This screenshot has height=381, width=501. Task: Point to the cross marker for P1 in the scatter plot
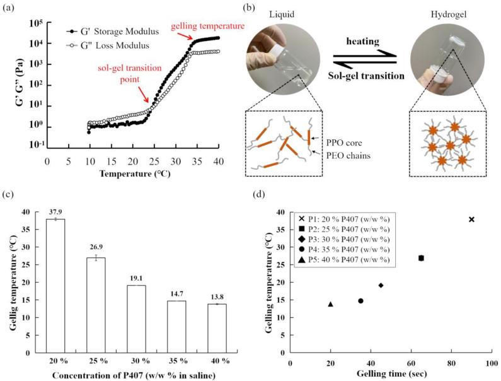coord(471,220)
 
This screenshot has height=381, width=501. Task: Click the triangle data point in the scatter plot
coord(330,304)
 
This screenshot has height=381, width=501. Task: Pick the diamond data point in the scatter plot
coord(381,285)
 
